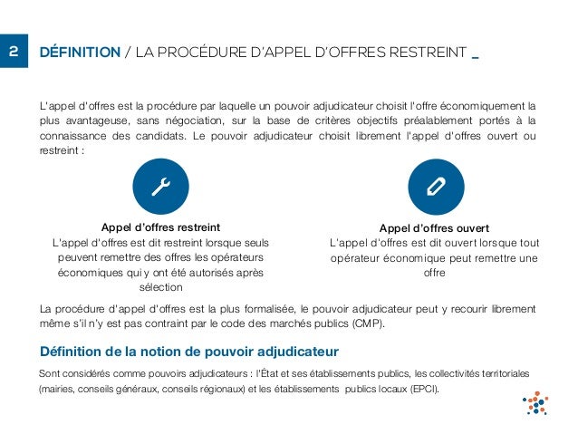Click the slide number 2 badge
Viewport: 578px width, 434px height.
tap(14, 52)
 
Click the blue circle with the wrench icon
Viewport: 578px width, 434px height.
tap(163, 186)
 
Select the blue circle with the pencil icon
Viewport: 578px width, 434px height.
tap(435, 186)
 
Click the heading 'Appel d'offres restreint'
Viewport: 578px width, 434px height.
tap(160, 227)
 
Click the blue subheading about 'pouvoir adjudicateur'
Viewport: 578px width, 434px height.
tap(189, 352)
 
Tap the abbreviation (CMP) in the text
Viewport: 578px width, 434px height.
tap(365, 323)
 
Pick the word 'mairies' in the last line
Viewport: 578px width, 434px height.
tap(58, 391)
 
